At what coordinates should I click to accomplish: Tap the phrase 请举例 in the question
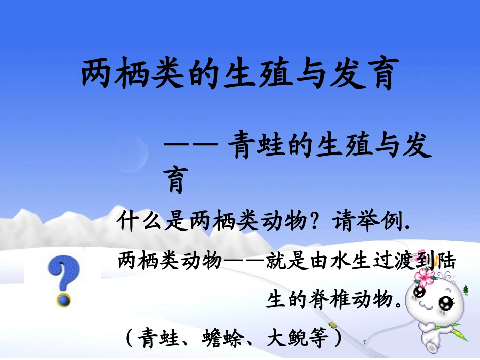coord(367,221)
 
